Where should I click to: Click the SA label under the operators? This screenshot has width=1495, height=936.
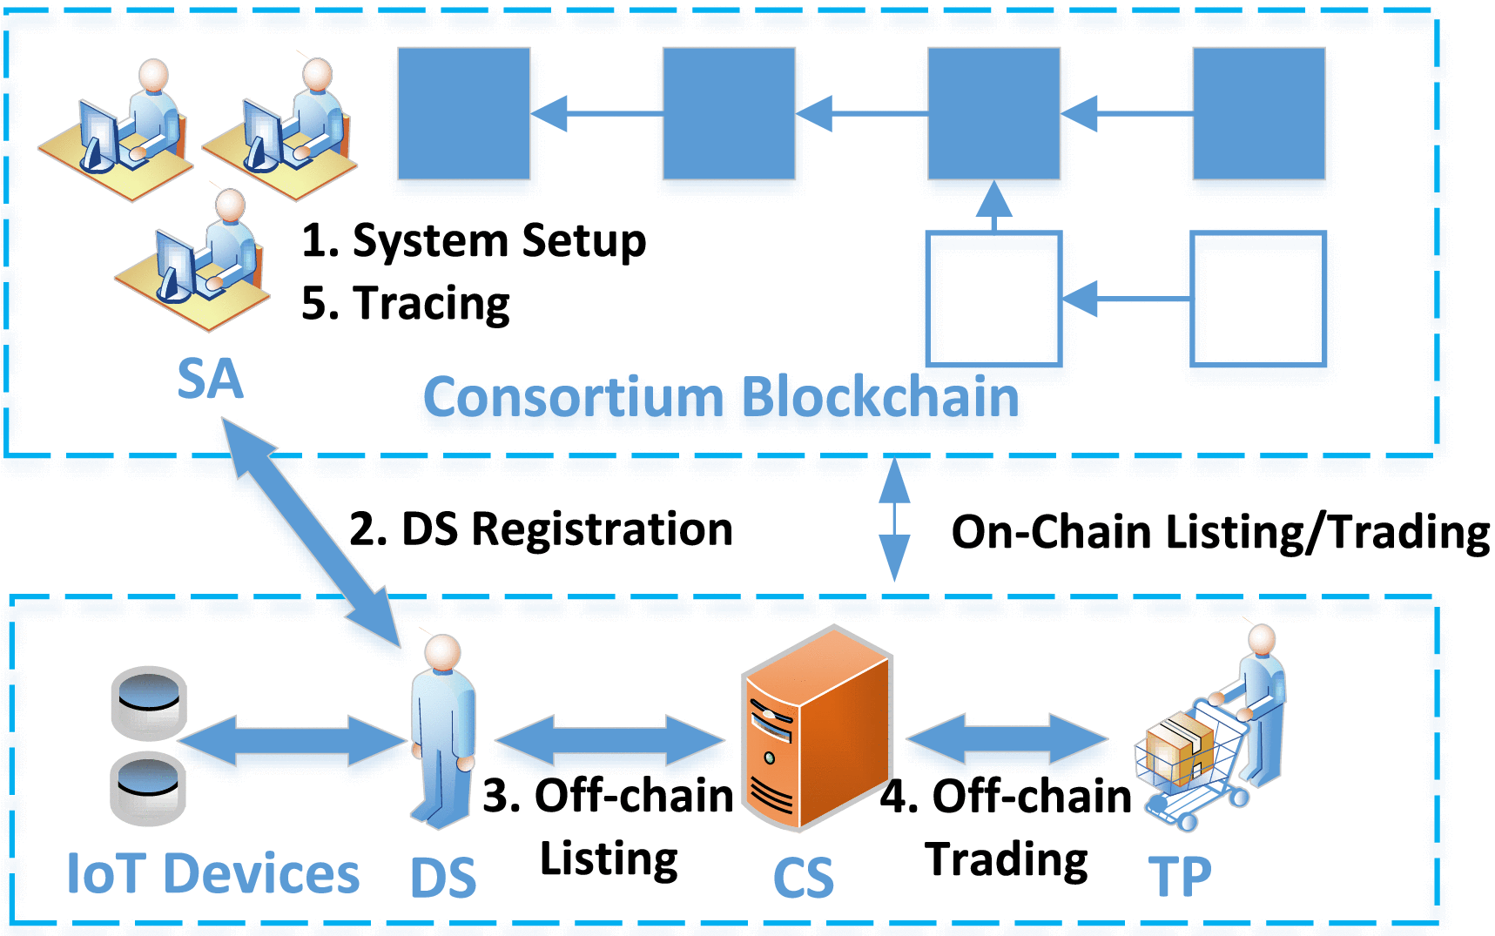point(210,379)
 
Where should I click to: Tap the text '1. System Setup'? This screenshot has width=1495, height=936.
point(473,241)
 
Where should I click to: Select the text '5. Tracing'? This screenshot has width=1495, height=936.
point(405,304)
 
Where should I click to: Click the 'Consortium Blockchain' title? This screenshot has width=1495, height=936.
point(720,398)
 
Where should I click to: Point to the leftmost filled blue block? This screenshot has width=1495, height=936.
point(463,113)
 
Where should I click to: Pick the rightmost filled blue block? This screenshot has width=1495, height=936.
point(1258,113)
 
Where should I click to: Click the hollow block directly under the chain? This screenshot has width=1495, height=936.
point(993,298)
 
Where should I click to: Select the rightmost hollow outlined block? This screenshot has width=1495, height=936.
point(1258,298)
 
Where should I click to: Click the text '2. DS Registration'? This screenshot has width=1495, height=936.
point(541,529)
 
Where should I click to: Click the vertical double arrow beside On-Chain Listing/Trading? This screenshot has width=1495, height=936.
point(894,519)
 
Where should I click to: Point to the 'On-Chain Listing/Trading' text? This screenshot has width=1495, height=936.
point(1220,532)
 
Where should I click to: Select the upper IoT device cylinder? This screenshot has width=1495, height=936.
point(149,702)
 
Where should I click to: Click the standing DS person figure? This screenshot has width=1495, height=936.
point(443,731)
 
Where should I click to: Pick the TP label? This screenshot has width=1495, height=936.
point(1179,877)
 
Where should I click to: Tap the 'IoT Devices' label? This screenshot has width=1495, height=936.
point(213,874)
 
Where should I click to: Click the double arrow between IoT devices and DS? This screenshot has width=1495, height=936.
point(293,741)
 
